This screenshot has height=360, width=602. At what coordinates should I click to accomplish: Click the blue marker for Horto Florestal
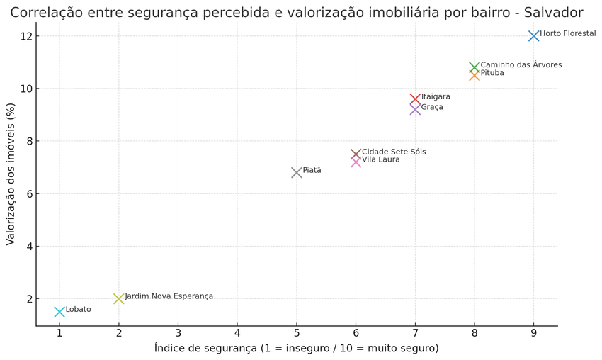(533, 36)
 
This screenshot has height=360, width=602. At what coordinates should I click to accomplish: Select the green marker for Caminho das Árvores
(475, 67)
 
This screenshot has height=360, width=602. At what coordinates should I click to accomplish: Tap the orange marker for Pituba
(475, 75)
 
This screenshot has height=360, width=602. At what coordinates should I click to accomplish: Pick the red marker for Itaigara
(415, 99)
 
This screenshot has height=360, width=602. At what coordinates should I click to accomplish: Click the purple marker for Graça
(415, 109)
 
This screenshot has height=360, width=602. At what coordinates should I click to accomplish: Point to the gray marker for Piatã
(297, 172)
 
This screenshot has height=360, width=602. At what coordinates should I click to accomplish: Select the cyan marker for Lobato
(59, 312)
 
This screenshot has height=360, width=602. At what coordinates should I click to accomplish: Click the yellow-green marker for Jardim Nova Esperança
(119, 298)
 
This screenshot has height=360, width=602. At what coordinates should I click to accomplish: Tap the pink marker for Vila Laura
(356, 162)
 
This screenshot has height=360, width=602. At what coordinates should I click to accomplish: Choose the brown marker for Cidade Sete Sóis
(356, 154)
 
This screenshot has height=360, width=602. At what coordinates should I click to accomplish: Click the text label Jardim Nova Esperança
(169, 296)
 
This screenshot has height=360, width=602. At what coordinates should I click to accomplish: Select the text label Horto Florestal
(567, 33)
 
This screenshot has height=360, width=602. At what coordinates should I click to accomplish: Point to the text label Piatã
(312, 170)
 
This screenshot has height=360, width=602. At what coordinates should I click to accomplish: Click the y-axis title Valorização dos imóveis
(11, 174)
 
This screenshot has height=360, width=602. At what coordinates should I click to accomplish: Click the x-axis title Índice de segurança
(296, 348)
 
